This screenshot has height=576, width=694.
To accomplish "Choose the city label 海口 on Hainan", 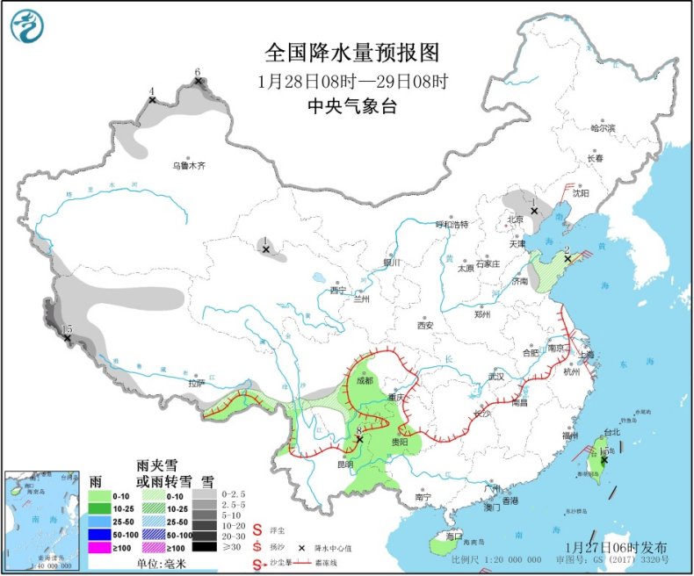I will click(453, 536).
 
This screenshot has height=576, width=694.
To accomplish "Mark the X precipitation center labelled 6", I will click(199, 82).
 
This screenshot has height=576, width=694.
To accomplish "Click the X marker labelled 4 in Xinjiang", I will click(152, 100).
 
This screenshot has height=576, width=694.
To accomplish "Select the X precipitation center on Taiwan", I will click(604, 459).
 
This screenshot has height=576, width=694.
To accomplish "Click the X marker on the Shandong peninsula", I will click(567, 258).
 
